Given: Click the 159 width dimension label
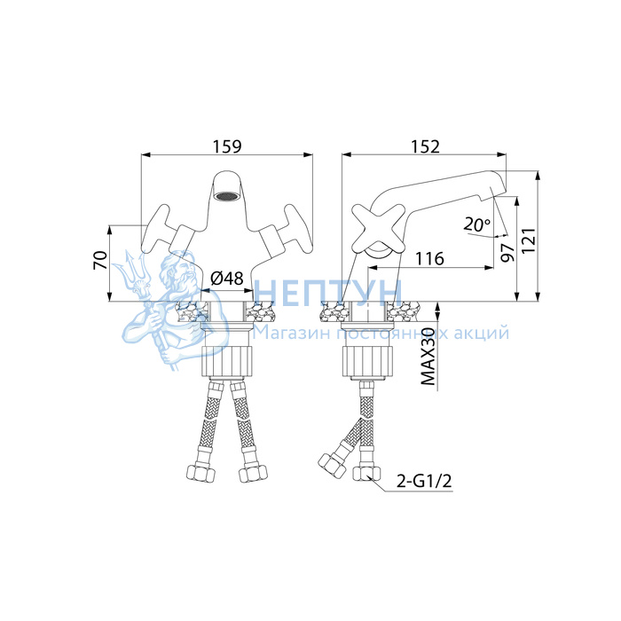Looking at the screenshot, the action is tap(227, 146).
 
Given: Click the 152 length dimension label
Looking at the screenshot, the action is tap(425, 146).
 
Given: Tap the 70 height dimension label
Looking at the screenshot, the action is tap(100, 260).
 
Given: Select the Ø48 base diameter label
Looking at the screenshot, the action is tap(226, 279).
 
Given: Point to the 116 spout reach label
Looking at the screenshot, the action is tap(429, 259).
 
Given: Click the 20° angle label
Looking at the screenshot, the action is tap(477, 225).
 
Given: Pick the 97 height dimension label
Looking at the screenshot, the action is tap(507, 253).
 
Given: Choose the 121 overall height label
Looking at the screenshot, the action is tap(529, 240).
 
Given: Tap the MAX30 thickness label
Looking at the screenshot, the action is tap(428, 356).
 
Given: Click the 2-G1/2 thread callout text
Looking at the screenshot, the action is tap(424, 482).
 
